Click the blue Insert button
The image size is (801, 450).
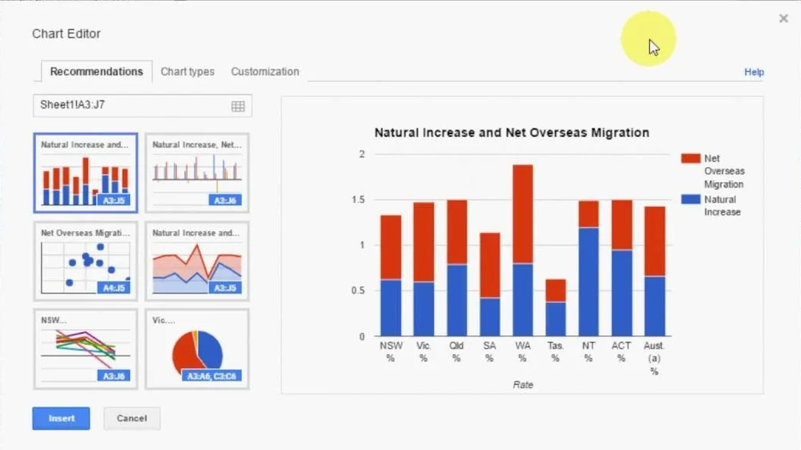61,418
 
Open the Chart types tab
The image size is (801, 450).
188,72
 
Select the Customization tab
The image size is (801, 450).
264,72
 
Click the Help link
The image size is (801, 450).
753,73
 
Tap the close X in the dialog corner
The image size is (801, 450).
783,18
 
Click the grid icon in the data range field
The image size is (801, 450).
238,106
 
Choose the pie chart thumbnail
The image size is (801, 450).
197,349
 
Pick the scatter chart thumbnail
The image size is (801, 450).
85,260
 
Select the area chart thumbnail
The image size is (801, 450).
197,260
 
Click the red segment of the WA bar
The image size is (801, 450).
522,214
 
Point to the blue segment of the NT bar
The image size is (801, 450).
588,281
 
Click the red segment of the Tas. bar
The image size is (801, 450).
556,291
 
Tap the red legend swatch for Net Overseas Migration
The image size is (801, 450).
690,159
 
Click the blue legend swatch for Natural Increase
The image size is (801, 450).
690,200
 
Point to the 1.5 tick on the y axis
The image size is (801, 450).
360,200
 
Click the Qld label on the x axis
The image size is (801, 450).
456,346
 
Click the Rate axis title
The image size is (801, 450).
522,385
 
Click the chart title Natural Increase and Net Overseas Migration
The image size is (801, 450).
511,133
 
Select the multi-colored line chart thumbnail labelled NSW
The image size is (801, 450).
85,349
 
